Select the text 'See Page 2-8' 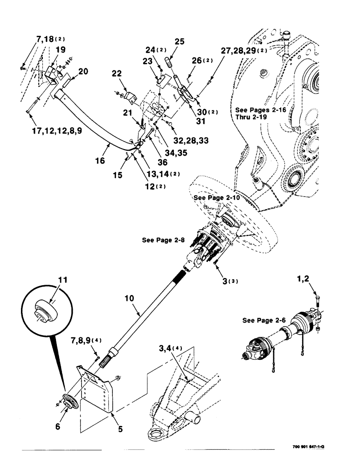(163, 240)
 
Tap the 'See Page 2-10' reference (217, 197)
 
